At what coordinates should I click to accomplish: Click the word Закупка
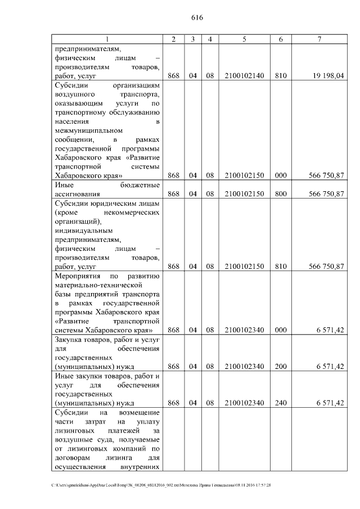[69, 340]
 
